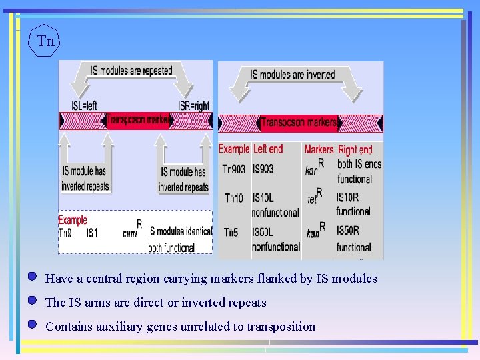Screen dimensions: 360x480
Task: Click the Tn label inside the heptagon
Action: pos(45,41)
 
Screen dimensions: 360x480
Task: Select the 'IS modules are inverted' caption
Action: pos(293,75)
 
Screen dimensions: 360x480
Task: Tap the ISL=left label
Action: pos(84,105)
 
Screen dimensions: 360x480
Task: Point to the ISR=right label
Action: pos(193,105)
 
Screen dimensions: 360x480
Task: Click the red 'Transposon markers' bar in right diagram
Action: pos(298,123)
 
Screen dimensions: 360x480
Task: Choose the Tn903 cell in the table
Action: pos(233,169)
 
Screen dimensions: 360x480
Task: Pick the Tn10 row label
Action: pos(233,198)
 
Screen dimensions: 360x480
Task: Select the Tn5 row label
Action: pos(232,233)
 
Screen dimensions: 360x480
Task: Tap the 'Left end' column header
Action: pos(268,149)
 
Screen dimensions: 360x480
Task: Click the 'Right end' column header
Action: pos(355,150)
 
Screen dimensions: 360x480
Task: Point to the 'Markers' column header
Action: pos(319,149)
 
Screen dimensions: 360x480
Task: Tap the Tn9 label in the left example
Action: pos(65,232)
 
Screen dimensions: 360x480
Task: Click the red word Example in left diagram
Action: pos(72,220)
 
